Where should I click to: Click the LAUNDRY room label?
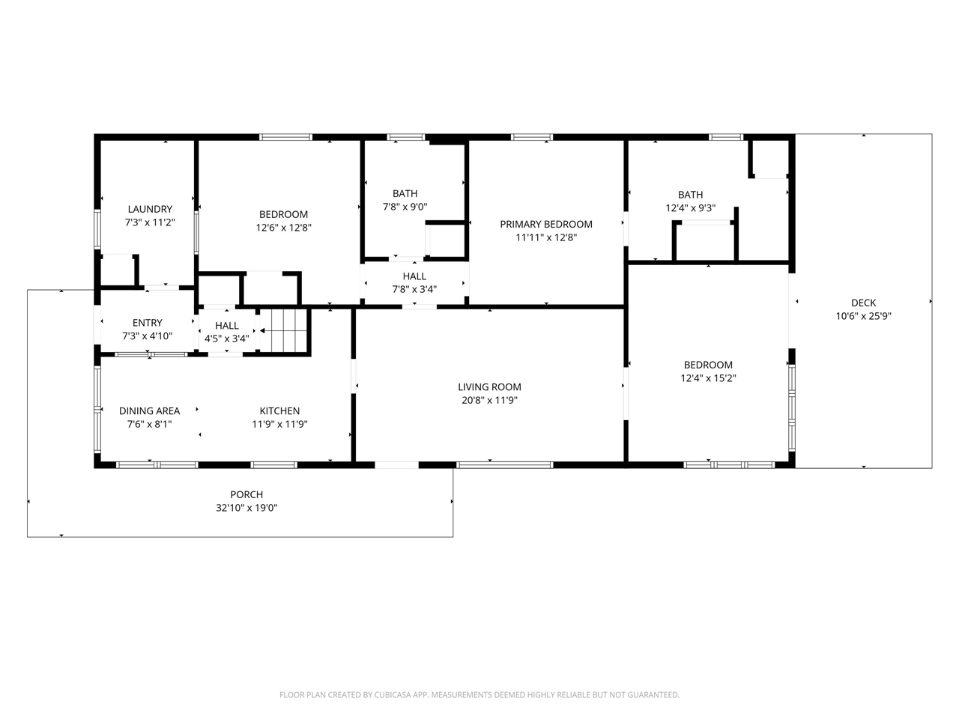[150, 209]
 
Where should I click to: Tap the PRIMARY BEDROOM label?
[546, 225]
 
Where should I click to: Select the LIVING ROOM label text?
[489, 386]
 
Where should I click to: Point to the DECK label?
[863, 303]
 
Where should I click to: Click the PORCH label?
[246, 494]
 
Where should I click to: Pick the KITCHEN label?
[279, 410]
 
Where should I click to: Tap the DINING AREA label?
[149, 410]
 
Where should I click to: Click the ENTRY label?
[148, 323]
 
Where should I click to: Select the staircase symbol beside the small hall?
[285, 330]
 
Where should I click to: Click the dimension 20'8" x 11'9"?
[489, 400]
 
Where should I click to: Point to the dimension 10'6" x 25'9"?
[863, 316]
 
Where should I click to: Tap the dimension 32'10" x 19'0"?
[246, 508]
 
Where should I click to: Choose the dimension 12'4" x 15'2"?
[708, 378]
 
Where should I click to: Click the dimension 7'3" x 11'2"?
[150, 222]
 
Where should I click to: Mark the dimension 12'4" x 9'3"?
[690, 207]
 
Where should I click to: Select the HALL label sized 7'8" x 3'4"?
[414, 276]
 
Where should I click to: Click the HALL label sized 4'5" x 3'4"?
[227, 326]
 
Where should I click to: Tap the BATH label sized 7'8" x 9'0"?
[405, 193]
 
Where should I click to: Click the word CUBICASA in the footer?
[393, 694]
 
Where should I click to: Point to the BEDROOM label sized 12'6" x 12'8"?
[283, 214]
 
